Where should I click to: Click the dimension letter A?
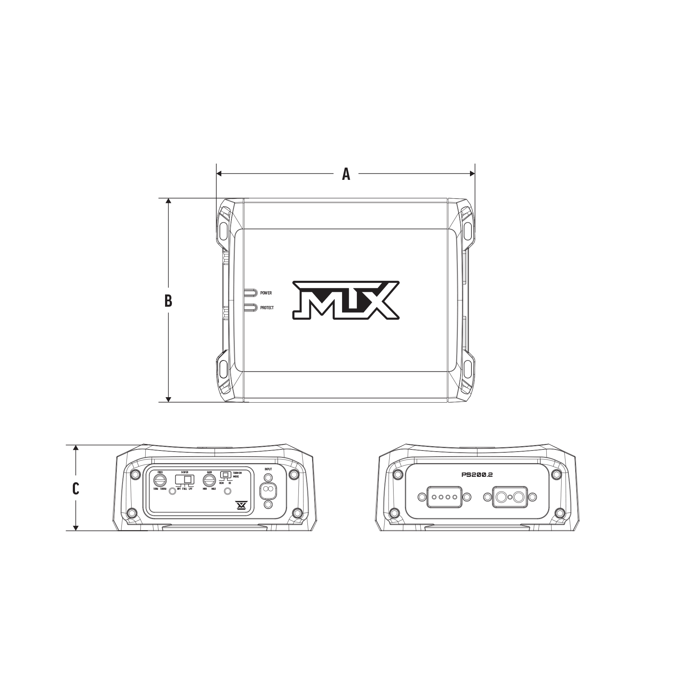346,174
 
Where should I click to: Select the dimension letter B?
168,301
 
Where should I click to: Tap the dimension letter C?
76,488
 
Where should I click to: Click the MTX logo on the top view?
346,300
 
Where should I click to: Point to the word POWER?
266,293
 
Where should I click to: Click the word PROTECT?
267,308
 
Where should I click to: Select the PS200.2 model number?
477,475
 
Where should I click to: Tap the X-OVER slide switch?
185,480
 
